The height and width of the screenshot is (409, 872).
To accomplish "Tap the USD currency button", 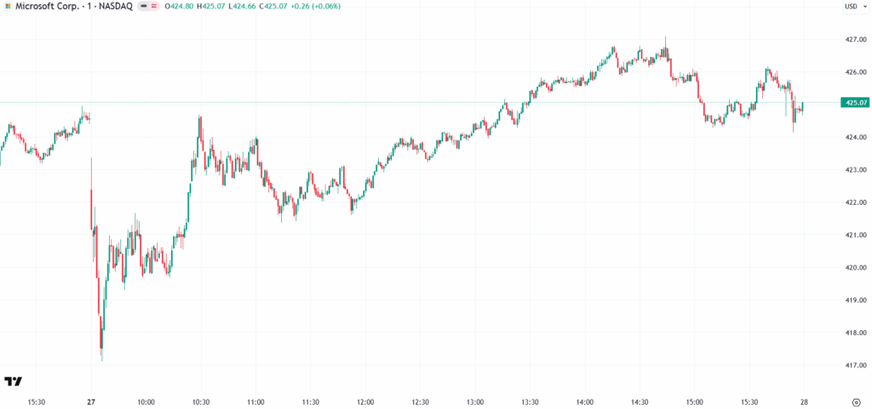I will click(852, 7).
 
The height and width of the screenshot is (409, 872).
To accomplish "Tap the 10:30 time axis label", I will click(200, 401).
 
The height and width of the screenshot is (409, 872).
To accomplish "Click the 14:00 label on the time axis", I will click(585, 401).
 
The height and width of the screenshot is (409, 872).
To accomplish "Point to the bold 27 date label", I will click(91, 401).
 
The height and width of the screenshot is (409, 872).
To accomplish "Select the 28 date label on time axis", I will click(804, 401).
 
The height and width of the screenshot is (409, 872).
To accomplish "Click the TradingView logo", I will click(13, 381).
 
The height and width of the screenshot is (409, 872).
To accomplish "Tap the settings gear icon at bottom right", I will click(856, 401).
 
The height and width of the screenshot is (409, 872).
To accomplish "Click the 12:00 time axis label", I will click(365, 401).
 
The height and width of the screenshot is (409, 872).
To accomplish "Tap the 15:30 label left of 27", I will click(37, 401).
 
